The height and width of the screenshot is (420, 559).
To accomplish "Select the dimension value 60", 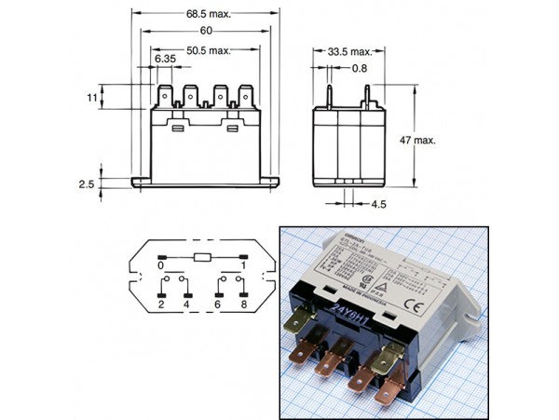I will coord(206,31).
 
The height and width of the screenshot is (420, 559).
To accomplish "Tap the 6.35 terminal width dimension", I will coord(165,60).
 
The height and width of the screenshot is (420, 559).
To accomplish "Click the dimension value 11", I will coord(91,97).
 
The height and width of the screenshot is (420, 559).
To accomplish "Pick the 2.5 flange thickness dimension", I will coord(87,184).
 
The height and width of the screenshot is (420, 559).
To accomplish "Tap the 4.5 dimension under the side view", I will coord(380,203).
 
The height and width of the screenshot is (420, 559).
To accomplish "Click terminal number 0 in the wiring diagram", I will coord(160,265).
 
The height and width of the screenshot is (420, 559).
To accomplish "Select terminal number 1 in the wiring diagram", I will coord(244,265).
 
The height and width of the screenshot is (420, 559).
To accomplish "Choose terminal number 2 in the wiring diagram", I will coord(161,304).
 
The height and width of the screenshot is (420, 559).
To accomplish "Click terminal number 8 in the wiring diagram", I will coord(244,304).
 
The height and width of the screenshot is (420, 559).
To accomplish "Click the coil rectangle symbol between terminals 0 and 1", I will coord(202,254).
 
